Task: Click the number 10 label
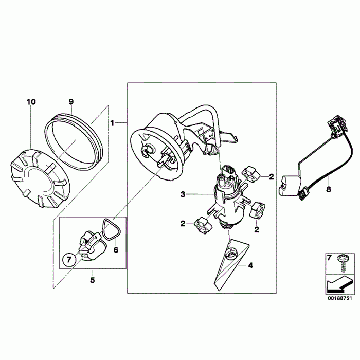[31, 102]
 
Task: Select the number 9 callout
[72, 102]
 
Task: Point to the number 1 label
[112, 123]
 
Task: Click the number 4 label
[250, 266]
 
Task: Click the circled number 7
[68, 259]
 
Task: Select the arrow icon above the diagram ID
[337, 283]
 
